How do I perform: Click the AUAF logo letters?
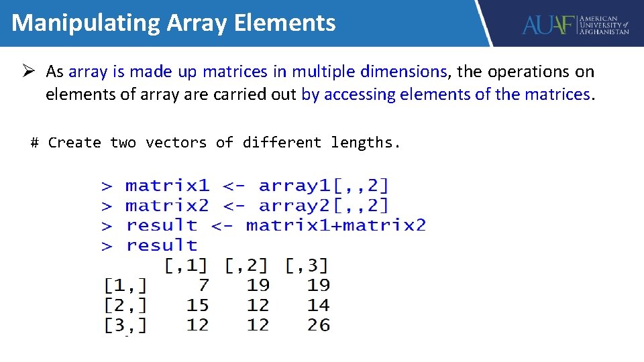(x=549, y=25)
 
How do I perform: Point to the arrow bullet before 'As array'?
(x=31, y=71)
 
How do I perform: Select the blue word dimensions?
(x=403, y=71)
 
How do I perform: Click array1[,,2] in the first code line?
(x=323, y=185)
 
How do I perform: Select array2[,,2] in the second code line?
(x=323, y=205)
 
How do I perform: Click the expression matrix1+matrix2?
(x=335, y=225)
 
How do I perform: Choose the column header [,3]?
(x=307, y=265)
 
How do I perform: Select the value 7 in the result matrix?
(x=203, y=285)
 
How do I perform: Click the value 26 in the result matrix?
(x=319, y=325)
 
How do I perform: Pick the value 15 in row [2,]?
(x=198, y=305)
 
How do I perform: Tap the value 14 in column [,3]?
(x=319, y=305)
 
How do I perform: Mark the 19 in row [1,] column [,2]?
(x=258, y=285)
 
